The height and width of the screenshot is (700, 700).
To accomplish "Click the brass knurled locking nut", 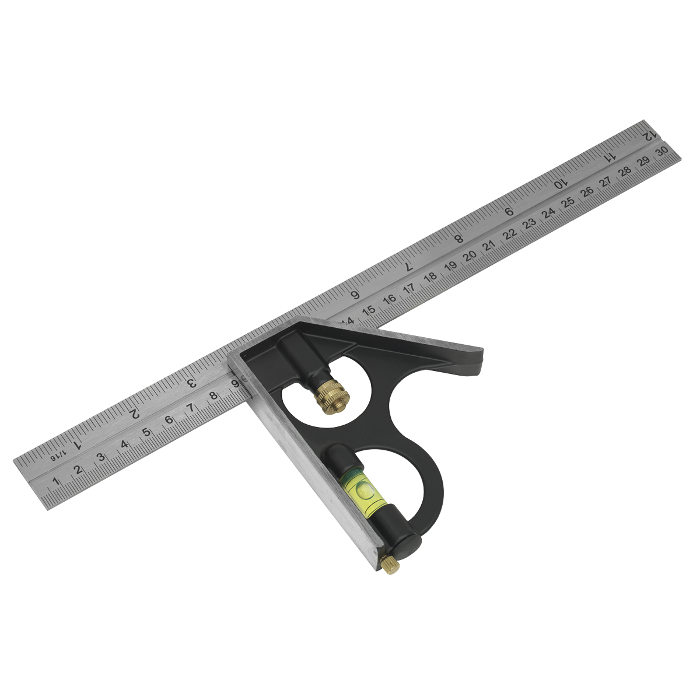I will [x=331, y=398].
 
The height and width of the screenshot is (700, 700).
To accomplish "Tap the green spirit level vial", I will [x=362, y=486].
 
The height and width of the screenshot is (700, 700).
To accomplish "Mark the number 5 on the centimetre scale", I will [x=146, y=432].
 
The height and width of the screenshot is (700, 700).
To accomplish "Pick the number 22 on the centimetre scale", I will [x=510, y=234].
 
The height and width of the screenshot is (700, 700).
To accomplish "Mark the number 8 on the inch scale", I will [x=459, y=238].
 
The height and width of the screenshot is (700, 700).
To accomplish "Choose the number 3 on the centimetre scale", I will [x=101, y=457].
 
